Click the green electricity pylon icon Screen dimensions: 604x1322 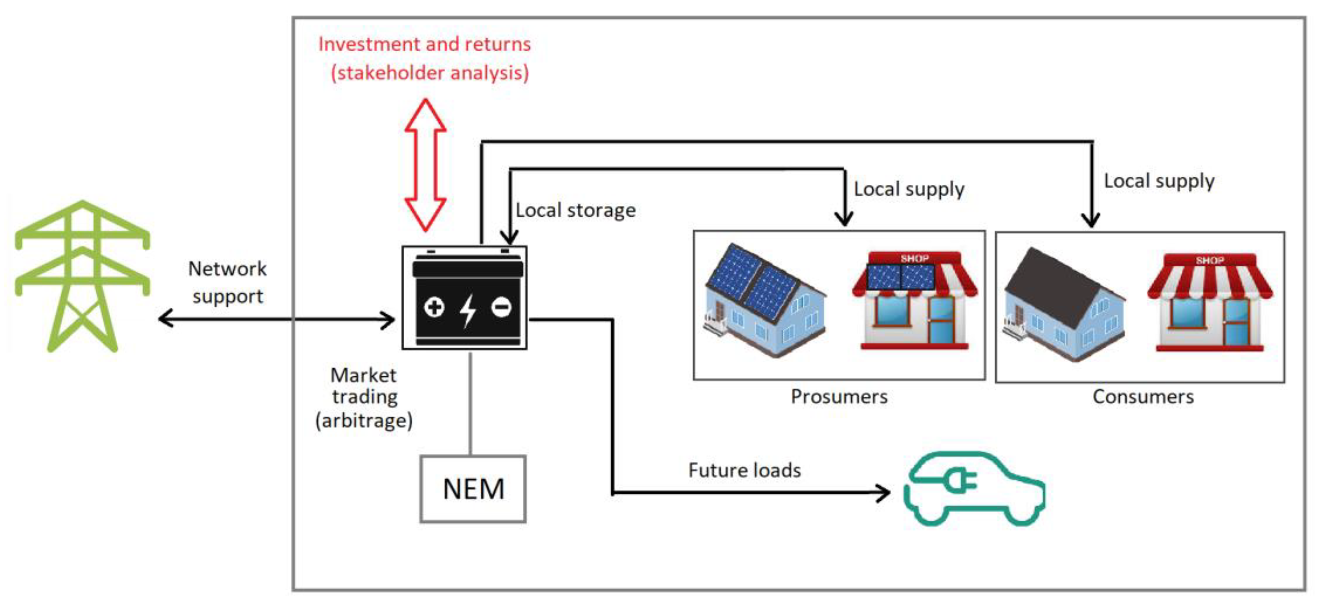pos(82,277)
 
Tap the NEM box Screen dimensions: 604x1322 pos(473,489)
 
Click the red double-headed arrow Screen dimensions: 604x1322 pos(425,164)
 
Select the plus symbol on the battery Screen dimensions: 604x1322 pos(434,307)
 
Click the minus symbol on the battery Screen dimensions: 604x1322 pos(501,307)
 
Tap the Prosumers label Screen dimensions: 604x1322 pos(839,397)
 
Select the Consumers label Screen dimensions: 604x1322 pos(1143,397)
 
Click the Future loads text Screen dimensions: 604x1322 pos(744,470)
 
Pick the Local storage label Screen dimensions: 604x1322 pos(575,210)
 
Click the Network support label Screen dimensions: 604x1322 pos(227,282)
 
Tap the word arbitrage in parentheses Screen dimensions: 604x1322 pos(364,421)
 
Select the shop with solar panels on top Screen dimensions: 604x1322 pos(915,300)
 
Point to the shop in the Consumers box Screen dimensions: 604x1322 pos(1210,303)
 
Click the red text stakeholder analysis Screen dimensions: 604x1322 pos(430,73)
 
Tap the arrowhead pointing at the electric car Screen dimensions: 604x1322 pos(884,493)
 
